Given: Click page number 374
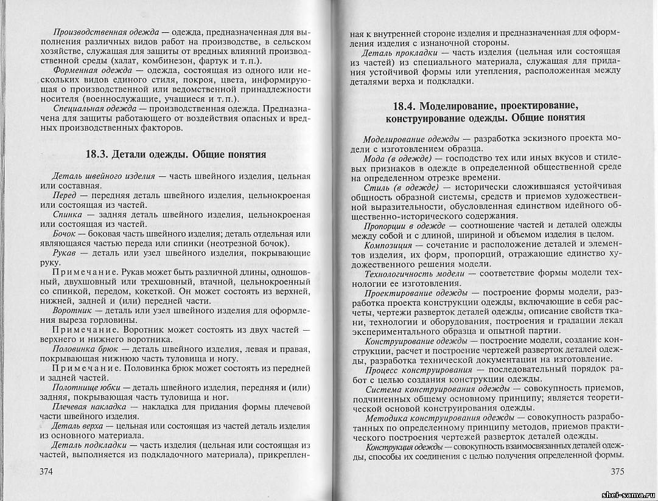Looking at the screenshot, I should pos(51,471).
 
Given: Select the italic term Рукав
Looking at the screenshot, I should pos(65,253).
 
